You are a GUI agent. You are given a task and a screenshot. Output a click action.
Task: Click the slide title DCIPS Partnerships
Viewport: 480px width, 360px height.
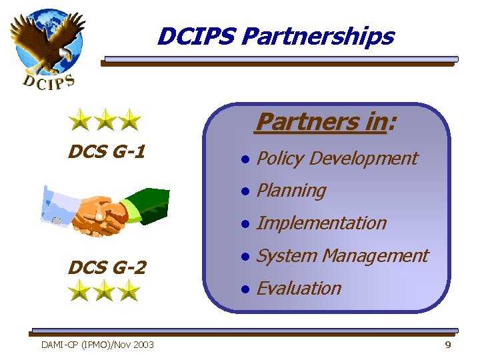click(x=275, y=36)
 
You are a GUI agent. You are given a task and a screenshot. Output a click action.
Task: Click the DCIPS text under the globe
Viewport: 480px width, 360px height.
click(x=49, y=81)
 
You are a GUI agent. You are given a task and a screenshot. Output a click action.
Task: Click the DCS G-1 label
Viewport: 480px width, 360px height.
click(x=107, y=153)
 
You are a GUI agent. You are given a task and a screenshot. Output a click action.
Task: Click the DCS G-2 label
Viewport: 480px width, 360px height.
click(x=107, y=268)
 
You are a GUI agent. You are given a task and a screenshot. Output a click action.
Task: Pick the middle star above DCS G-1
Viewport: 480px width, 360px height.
click(x=105, y=121)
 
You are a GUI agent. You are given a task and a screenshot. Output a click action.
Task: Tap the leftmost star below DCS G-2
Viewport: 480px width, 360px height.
click(x=79, y=291)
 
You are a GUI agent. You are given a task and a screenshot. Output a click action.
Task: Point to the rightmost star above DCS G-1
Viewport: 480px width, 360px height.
click(x=129, y=121)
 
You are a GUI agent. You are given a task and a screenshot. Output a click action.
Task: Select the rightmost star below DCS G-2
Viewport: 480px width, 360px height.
click(x=129, y=291)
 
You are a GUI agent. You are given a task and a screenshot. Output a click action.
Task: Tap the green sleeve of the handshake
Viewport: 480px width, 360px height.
click(x=148, y=203)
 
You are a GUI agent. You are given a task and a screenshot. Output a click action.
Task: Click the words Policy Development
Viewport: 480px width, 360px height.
click(x=337, y=159)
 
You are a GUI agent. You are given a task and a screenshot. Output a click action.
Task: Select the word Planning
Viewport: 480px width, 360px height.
click(x=291, y=191)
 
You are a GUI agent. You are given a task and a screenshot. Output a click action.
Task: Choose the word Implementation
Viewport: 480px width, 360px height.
click(x=321, y=223)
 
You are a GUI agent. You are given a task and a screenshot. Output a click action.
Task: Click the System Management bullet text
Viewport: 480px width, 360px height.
click(x=342, y=255)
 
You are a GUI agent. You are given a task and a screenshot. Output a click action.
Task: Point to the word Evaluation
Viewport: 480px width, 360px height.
click(x=299, y=288)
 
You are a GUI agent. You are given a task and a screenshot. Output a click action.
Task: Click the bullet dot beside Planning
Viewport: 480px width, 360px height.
click(x=245, y=191)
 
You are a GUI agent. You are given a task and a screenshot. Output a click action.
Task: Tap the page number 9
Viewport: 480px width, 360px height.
click(x=447, y=345)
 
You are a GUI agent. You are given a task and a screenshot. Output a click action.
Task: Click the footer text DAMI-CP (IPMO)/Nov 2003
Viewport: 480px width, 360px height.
click(x=97, y=345)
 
